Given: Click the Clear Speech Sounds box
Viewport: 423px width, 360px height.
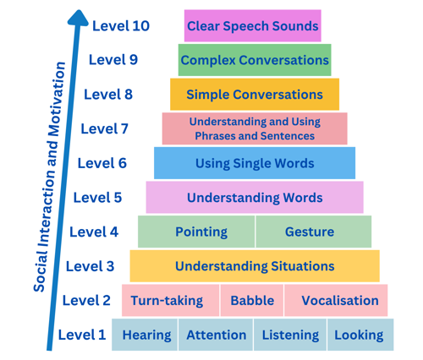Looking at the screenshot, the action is click(x=253, y=26).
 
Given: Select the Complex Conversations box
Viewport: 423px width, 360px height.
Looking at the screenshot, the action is click(x=255, y=60).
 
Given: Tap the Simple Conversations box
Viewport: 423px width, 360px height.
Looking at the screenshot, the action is click(x=255, y=95).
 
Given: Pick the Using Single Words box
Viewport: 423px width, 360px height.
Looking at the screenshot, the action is click(x=255, y=163).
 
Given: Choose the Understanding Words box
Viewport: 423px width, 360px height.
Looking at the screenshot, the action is click(x=255, y=198).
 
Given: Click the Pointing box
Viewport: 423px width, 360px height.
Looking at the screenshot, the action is click(x=196, y=232).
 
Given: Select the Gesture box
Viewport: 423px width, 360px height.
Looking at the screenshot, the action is click(x=314, y=232).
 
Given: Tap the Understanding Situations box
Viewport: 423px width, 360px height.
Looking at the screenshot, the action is click(x=255, y=266).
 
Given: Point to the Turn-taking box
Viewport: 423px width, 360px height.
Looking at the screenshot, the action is click(x=170, y=301).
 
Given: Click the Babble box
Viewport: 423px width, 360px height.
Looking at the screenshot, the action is click(x=252, y=301).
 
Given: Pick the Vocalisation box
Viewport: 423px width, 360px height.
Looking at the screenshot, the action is click(x=336, y=301).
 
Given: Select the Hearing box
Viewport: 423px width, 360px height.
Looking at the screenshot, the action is click(x=145, y=335).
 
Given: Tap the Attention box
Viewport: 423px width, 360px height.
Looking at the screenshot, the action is click(x=216, y=335).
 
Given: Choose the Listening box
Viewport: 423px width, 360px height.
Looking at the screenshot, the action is click(x=290, y=335).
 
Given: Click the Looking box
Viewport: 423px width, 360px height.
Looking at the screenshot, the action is click(x=360, y=335).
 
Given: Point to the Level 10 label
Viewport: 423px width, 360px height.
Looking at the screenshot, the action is click(x=121, y=26).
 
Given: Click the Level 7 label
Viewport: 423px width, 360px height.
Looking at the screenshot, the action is click(x=105, y=128).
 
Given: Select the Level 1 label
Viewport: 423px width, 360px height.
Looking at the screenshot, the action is click(x=82, y=335).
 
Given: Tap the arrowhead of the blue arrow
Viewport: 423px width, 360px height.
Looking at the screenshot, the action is click(x=78, y=19).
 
